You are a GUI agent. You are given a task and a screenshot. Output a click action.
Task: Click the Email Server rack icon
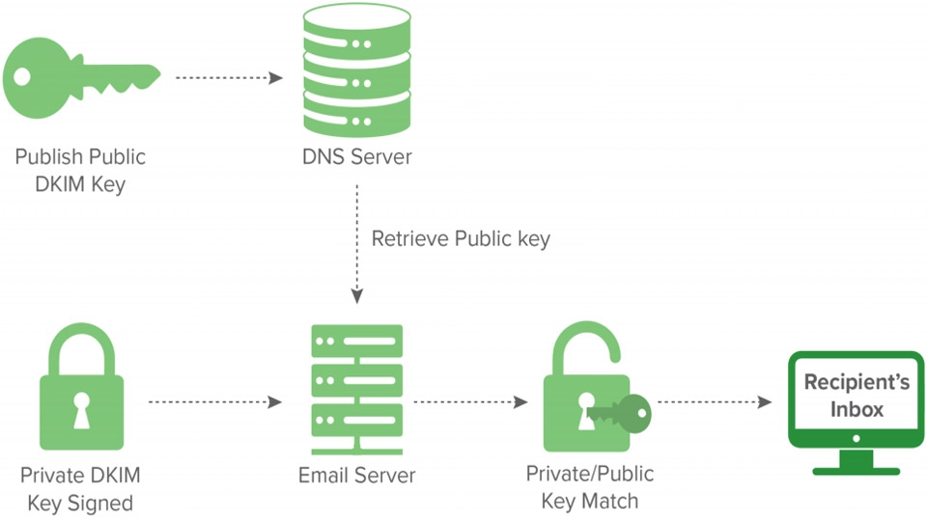pos(354,388)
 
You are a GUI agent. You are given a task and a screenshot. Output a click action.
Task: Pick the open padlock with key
pos(591,396)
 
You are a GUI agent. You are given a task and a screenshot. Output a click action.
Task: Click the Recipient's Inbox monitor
pos(844,410)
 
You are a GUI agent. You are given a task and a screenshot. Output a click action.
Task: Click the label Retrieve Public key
pos(461,238)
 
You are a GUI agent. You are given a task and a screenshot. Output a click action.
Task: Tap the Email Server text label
pos(357,475)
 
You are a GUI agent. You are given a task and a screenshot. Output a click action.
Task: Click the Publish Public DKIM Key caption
pos(80,170)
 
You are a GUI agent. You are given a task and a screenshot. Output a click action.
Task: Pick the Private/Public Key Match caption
pos(590,486)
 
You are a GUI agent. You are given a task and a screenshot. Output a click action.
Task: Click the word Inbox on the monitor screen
pos(857,409)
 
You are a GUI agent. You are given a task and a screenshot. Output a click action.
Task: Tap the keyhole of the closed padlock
pos(81,410)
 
